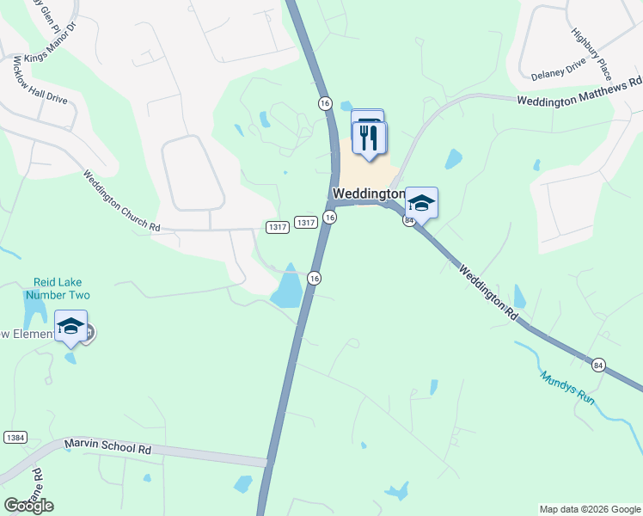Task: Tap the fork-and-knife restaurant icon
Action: coord(370,138)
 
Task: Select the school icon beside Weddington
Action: coord(421,204)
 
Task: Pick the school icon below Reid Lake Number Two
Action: coord(70,327)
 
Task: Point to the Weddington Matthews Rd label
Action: coord(579,91)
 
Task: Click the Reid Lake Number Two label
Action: coord(58,288)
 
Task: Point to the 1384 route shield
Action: coord(15,438)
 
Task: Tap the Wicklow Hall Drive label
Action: coord(40,83)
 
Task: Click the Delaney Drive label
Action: coord(558,68)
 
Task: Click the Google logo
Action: coord(28,505)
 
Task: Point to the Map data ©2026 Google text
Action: coord(589,509)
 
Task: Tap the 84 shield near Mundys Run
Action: coord(598,366)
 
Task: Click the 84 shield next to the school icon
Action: coord(409,220)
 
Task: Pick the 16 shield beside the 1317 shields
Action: coord(330,218)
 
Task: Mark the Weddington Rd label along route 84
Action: coord(487,292)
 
